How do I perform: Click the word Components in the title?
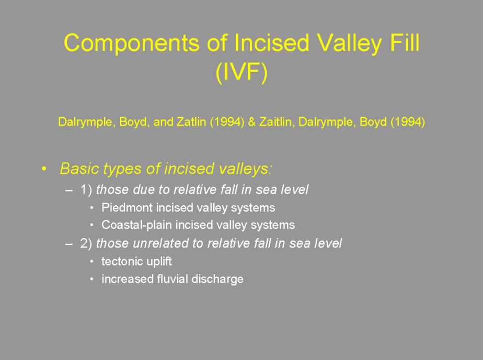pos(132,42)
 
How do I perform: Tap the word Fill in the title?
pos(405,42)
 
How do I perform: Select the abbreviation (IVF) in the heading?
pos(241,72)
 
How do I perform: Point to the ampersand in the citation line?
pos(251,122)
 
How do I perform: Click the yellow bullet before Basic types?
pos(44,169)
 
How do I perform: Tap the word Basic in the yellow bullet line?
pos(79,168)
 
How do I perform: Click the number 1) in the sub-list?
pos(86,190)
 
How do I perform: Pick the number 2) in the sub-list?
pos(86,243)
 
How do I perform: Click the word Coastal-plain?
pos(136,225)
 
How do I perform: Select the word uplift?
pos(159,262)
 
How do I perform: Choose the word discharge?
pos(217,279)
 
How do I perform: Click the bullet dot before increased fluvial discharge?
pos(92,279)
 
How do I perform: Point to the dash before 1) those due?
pos(69,190)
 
